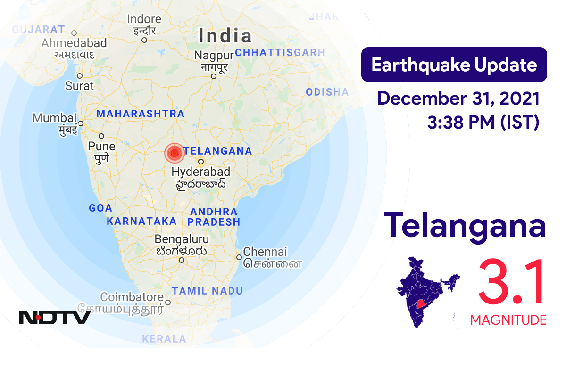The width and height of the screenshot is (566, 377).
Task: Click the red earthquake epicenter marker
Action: click(x=175, y=153)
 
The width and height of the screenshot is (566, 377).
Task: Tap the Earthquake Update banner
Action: click(x=454, y=65)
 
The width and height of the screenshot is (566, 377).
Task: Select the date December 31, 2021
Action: click(x=458, y=99)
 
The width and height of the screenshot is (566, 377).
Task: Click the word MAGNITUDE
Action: click(x=508, y=320)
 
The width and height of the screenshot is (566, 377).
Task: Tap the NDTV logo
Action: click(x=55, y=317)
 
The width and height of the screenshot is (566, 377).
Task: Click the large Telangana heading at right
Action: click(x=465, y=226)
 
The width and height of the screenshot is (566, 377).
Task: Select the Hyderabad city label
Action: click(x=200, y=172)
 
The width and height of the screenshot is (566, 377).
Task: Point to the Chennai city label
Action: click(x=265, y=252)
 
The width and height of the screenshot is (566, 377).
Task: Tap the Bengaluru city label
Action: click(x=182, y=239)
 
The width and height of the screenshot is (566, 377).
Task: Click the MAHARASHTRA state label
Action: click(x=140, y=114)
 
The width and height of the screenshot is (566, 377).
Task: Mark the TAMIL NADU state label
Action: click(x=208, y=291)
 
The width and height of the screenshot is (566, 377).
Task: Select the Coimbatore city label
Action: click(x=132, y=297)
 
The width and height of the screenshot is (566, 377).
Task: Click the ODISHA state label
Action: click(x=327, y=92)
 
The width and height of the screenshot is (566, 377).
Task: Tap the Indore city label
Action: click(x=144, y=20)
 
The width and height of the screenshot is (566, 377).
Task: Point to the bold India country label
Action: click(x=225, y=36)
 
